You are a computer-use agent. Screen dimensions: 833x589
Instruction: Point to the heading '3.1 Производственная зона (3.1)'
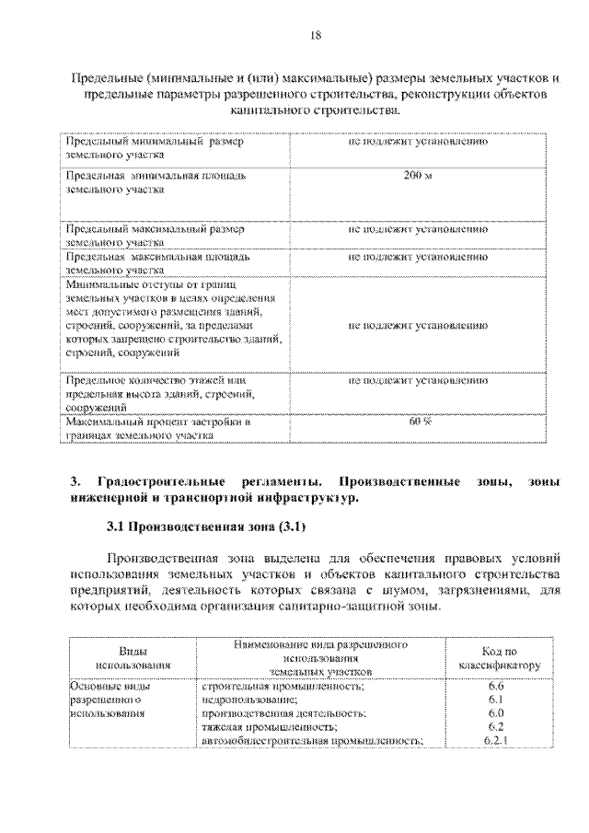pyautogui.click(x=205, y=527)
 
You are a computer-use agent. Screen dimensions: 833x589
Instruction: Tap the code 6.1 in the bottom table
pyautogui.click(x=497, y=700)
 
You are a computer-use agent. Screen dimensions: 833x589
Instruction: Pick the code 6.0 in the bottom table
pyautogui.click(x=497, y=713)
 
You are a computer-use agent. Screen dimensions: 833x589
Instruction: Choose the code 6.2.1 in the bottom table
pyautogui.click(x=497, y=740)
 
